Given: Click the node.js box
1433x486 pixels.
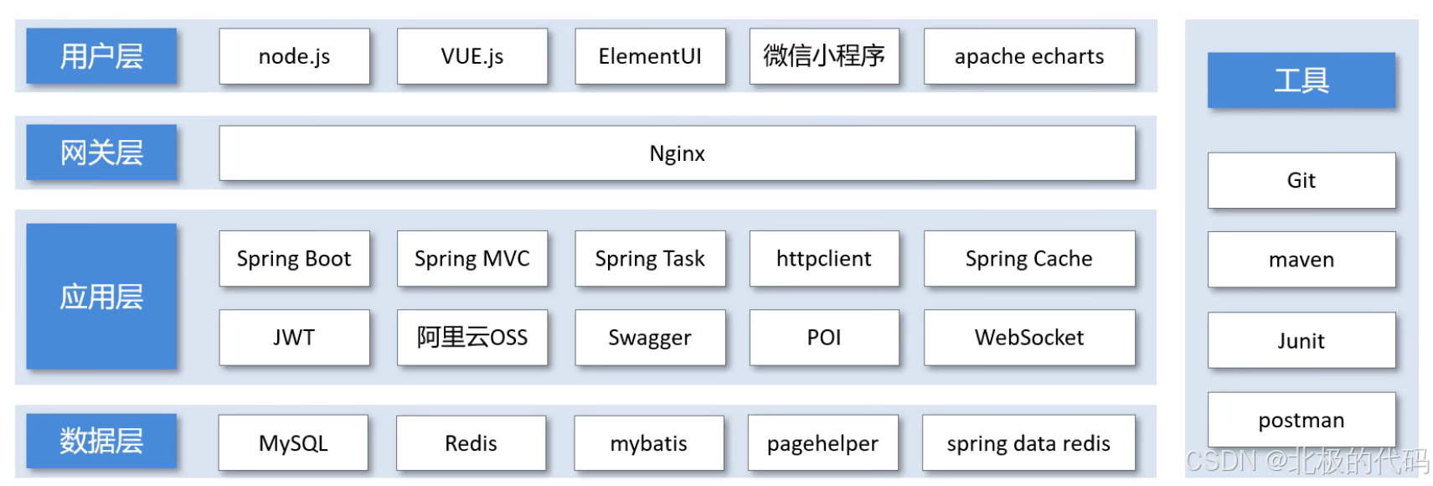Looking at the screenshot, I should coord(294,56).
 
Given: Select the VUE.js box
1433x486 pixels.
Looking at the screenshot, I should coord(472,56).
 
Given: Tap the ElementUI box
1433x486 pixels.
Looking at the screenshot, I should coord(650,56).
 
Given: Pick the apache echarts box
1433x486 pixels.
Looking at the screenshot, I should coord(1028,56).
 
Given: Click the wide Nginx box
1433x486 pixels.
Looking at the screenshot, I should coord(677,153).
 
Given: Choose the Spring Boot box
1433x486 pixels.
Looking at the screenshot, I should coord(294,259).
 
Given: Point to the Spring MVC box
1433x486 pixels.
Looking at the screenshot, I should coord(472,259).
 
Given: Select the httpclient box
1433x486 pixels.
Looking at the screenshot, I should coord(823,259).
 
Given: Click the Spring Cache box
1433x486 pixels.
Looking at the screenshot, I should coord(1028,259).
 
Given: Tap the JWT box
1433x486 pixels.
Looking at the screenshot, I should coord(294,338).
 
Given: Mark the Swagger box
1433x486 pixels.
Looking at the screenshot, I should coord(650,338).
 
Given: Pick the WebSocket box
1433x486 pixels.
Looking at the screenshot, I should coord(1028,338).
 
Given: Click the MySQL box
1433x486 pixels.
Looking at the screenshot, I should coord(293,443).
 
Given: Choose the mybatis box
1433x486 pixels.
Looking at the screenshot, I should coord(648,443).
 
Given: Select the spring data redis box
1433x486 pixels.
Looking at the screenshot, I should coord(1028,443).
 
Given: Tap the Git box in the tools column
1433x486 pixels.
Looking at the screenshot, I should coord(1301,180).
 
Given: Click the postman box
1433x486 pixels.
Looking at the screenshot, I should coord(1301,420).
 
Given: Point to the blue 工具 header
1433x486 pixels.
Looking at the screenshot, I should coord(1301,80).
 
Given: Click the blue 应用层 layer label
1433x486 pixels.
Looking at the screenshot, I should coord(101,297).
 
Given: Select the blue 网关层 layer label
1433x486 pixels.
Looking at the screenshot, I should coord(101,153).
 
